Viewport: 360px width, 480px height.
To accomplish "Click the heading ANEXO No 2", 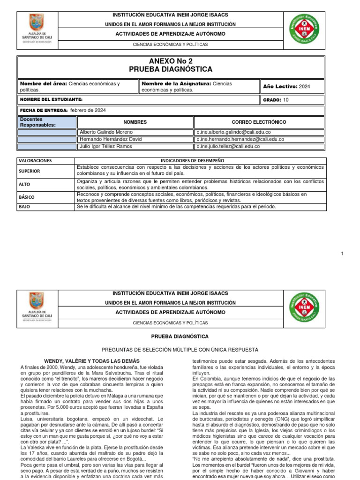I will tap(171, 61).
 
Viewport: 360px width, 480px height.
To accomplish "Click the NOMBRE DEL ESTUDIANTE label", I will tap(51, 100).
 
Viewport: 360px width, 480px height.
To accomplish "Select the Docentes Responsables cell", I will tap(47, 122).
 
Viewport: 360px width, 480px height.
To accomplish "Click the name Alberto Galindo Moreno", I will tap(106, 132).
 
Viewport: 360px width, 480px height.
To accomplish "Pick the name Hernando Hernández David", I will tap(110, 139).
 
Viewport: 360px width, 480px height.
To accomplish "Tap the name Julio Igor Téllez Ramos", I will tap(106, 146).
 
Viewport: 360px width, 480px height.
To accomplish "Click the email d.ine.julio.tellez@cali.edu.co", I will tap(228, 146).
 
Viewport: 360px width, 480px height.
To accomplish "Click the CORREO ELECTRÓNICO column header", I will tap(259, 122).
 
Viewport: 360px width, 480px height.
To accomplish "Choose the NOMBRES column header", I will tap(135, 122).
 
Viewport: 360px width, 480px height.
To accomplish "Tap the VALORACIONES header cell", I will tap(35, 160).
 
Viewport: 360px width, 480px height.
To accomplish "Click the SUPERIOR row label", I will tap(30, 171).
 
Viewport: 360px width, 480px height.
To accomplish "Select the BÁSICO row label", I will tap(27, 197).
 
